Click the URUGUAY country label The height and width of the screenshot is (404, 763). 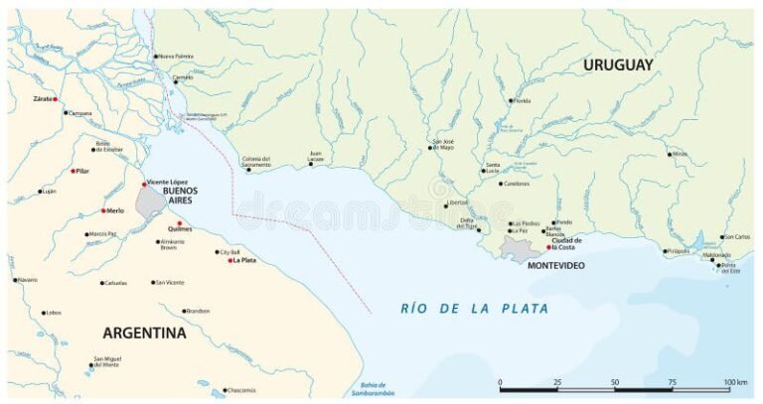pyautogui.click(x=618, y=65)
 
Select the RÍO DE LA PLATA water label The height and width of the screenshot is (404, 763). pyautogui.click(x=474, y=309)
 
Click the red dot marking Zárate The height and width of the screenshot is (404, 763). pyautogui.click(x=56, y=100)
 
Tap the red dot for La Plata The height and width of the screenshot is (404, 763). pyautogui.click(x=230, y=261)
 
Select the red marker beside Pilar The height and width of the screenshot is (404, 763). pyautogui.click(x=73, y=171)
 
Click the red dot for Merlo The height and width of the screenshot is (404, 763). pyautogui.click(x=103, y=210)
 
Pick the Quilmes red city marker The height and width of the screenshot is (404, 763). pyautogui.click(x=180, y=223)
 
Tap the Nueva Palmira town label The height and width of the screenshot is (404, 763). pyautogui.click(x=176, y=57)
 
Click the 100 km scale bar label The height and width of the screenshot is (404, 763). pyautogui.click(x=735, y=382)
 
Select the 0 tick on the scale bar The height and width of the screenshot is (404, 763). pyautogui.click(x=500, y=382)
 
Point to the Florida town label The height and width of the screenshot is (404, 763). pyautogui.click(x=523, y=100)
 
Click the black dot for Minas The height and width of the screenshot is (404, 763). pyautogui.click(x=670, y=154)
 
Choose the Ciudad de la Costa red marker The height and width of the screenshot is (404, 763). pyautogui.click(x=547, y=246)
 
